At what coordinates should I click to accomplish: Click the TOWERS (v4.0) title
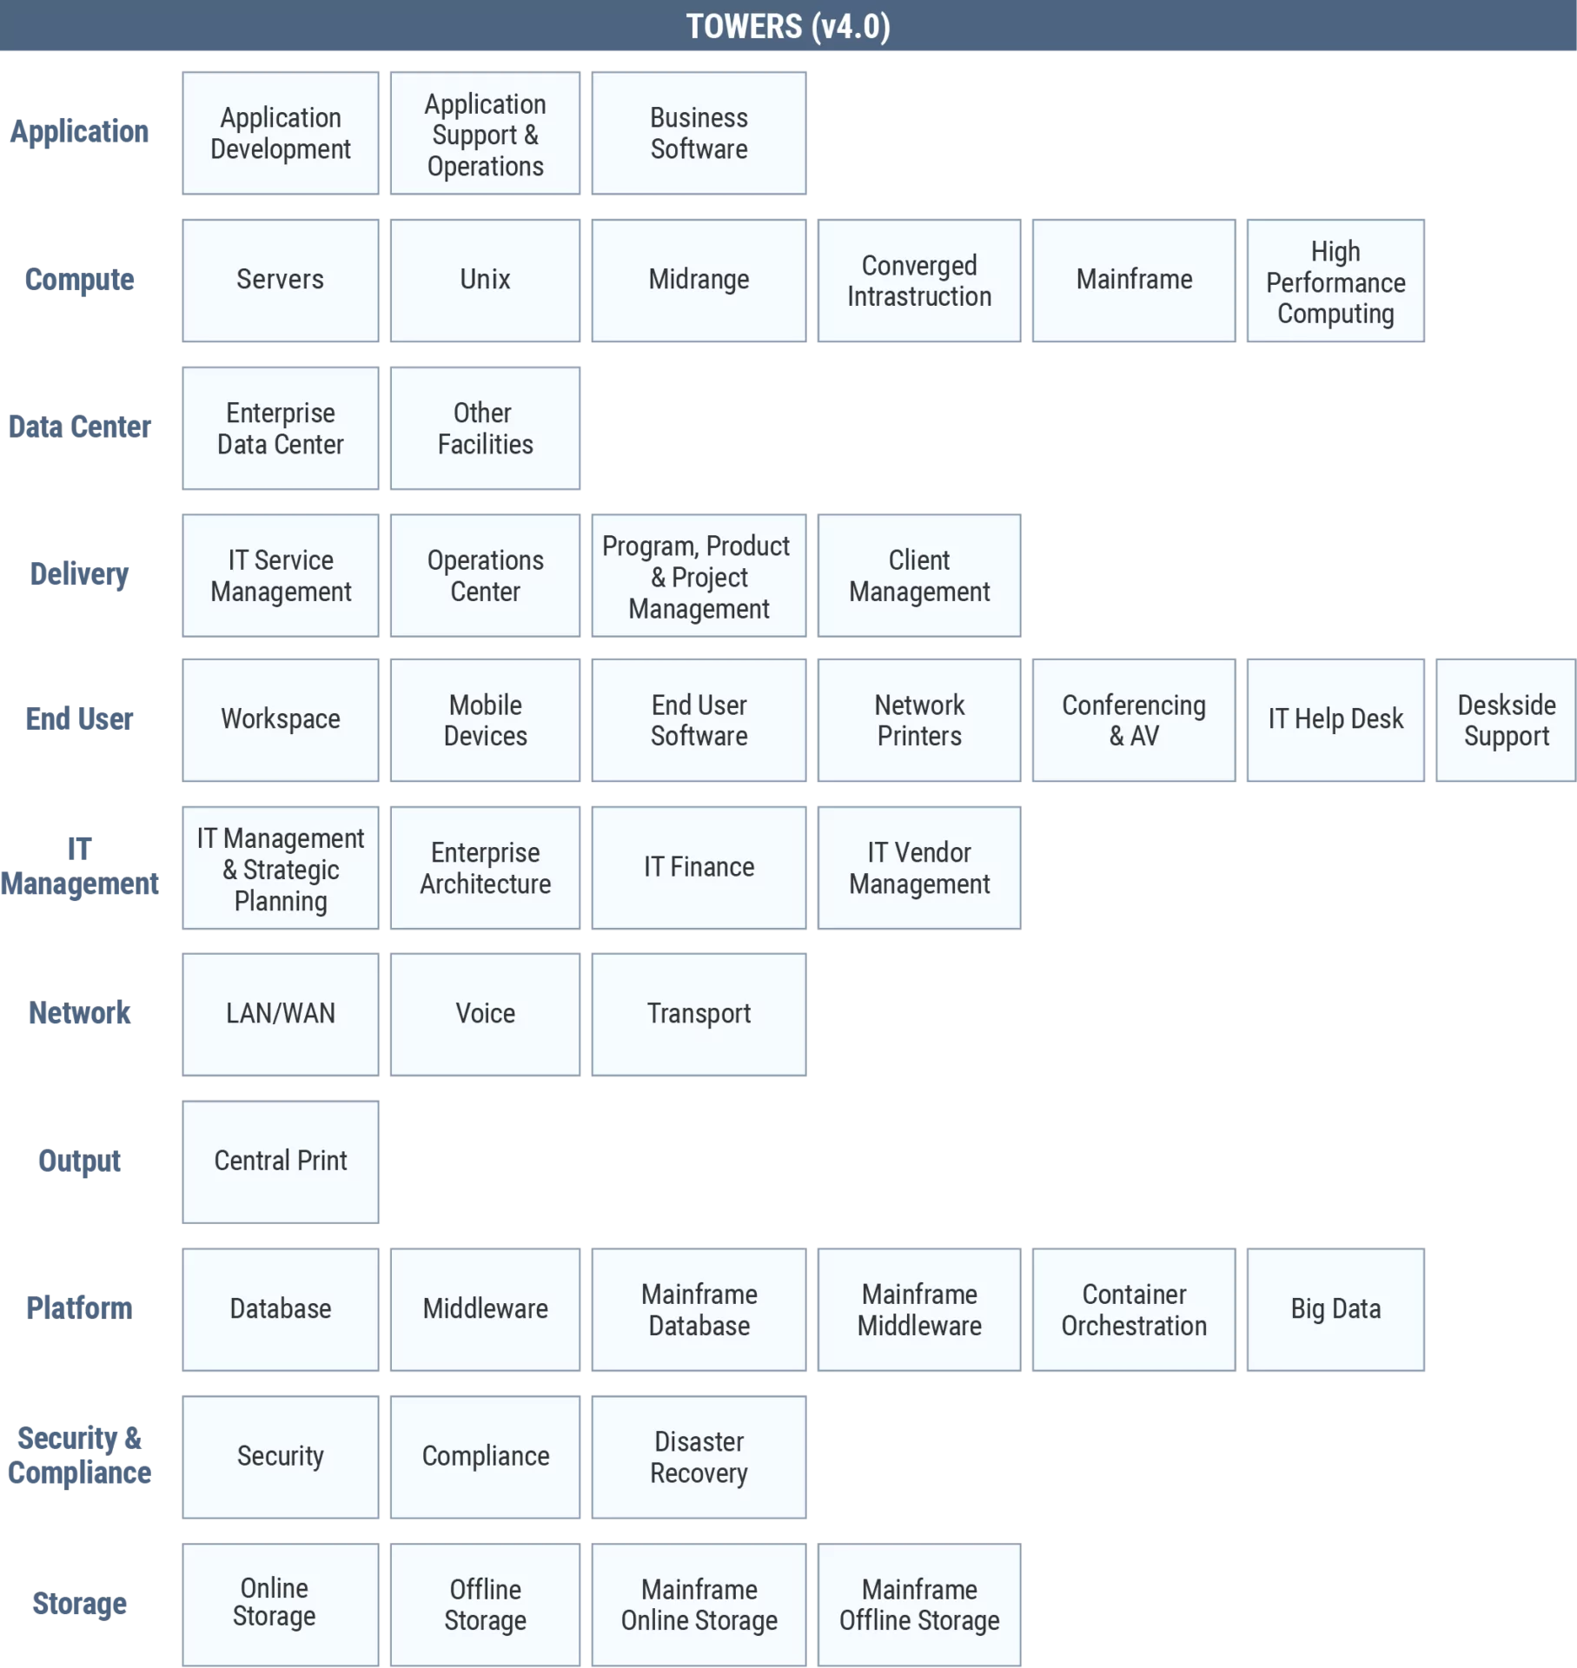788,26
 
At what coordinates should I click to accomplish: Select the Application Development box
281,133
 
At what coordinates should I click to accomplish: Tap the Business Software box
699,133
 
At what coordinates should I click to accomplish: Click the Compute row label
79,280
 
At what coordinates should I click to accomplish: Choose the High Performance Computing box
1335,281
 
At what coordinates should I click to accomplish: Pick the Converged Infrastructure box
919,281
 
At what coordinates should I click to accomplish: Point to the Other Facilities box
485,428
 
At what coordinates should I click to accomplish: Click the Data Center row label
79,427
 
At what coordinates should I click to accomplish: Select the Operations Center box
485,575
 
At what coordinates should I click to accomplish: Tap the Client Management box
919,575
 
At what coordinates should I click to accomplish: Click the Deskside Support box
1506,720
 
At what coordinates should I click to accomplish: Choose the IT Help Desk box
1335,720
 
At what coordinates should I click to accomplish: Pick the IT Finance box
699,868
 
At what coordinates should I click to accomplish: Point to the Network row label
79,1013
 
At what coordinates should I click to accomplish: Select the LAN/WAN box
281,1015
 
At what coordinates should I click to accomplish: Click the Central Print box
281,1162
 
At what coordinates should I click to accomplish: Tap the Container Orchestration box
1134,1310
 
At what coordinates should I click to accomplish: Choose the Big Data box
1335,1310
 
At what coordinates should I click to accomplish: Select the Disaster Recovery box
699,1457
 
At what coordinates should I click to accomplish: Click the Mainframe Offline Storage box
919,1605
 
